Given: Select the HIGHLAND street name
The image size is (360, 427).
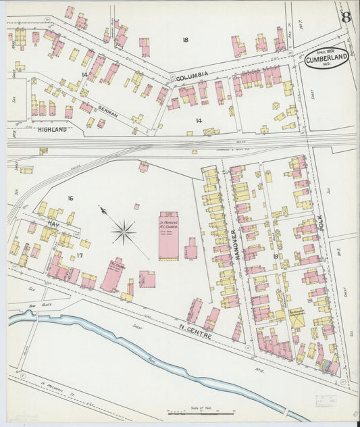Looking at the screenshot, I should pyautogui.click(x=52, y=128).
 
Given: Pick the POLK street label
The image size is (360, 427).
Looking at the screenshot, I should pyautogui.click(x=322, y=226).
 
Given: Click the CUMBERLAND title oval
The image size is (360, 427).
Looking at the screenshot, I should pyautogui.click(x=326, y=59).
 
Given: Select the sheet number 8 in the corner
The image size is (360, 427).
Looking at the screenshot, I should pyautogui.click(x=346, y=17).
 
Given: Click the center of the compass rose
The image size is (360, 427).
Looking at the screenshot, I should pyautogui.click(x=124, y=233).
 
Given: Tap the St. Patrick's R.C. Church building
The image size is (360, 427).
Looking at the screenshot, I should pyautogui.click(x=168, y=235).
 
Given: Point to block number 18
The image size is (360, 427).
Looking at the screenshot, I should pyautogui.click(x=184, y=40).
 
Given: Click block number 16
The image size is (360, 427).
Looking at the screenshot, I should pyautogui.click(x=70, y=198).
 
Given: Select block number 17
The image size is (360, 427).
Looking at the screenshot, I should pyautogui.click(x=79, y=255).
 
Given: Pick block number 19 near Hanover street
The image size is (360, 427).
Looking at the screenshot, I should pyautogui.click(x=276, y=256).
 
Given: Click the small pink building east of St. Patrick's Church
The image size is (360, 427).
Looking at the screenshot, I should pyautogui.click(x=191, y=250).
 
